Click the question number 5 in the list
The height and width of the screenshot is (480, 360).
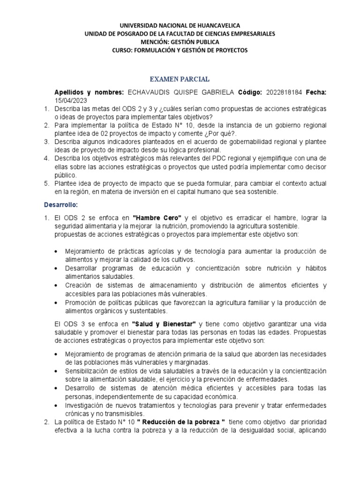(x=46, y=184)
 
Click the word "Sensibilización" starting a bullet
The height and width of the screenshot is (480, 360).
(x=86, y=371)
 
